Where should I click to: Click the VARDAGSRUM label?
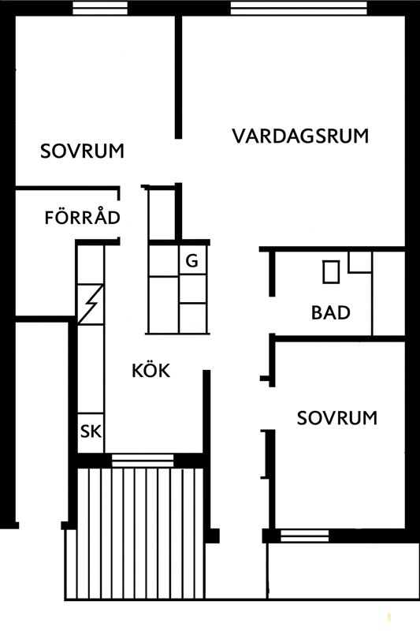(300, 136)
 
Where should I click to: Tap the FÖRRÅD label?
(82, 217)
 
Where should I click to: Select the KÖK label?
(151, 370)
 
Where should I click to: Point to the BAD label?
(330, 313)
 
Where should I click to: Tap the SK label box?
(90, 431)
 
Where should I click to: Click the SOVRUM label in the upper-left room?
(82, 151)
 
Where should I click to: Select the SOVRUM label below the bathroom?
(336, 417)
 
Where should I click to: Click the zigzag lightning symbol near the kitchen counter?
(90, 302)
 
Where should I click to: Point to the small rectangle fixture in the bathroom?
(331, 272)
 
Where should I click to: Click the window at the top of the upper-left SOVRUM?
(100, 9)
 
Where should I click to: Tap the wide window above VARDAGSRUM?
(297, 9)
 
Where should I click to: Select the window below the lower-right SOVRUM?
(304, 536)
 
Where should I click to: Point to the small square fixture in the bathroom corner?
(360, 263)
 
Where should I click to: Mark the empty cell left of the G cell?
(163, 261)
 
